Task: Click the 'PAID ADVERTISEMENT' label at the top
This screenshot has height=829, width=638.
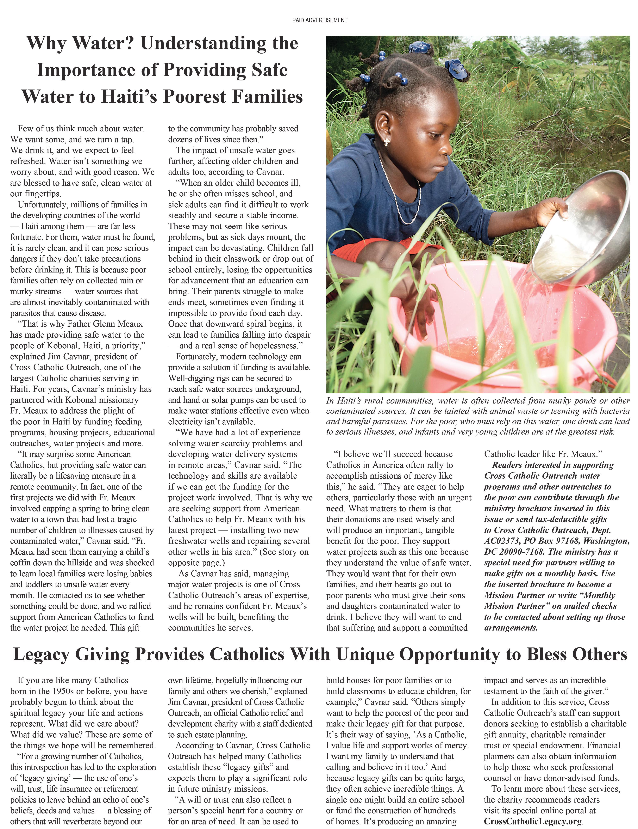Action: point(319,20)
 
